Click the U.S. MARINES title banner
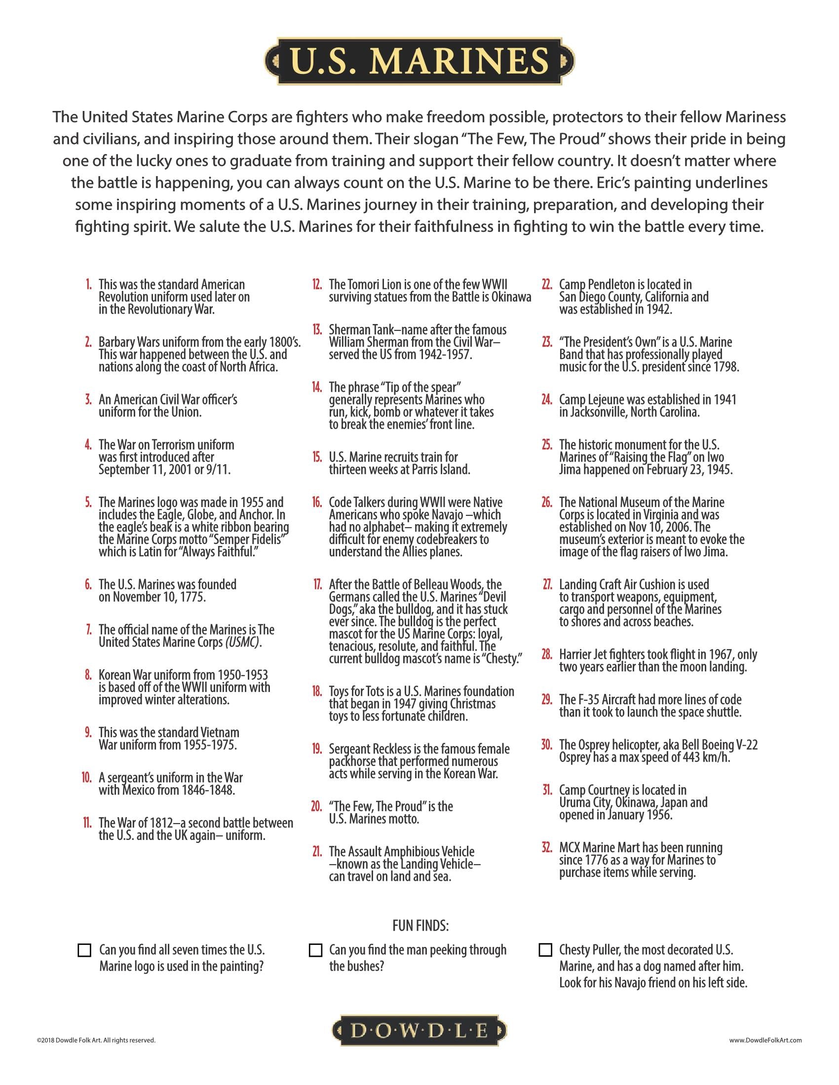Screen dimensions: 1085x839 point(419,61)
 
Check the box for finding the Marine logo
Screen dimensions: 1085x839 point(85,950)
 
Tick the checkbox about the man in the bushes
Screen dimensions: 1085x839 point(315,950)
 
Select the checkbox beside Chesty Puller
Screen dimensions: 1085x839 point(545,950)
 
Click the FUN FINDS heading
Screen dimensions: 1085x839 point(420,926)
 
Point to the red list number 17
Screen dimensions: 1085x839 point(318,585)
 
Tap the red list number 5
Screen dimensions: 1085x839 point(88,502)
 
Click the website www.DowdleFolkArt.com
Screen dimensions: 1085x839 point(765,1040)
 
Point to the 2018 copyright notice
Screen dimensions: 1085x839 point(95,1040)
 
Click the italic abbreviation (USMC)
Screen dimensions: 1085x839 point(242,642)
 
